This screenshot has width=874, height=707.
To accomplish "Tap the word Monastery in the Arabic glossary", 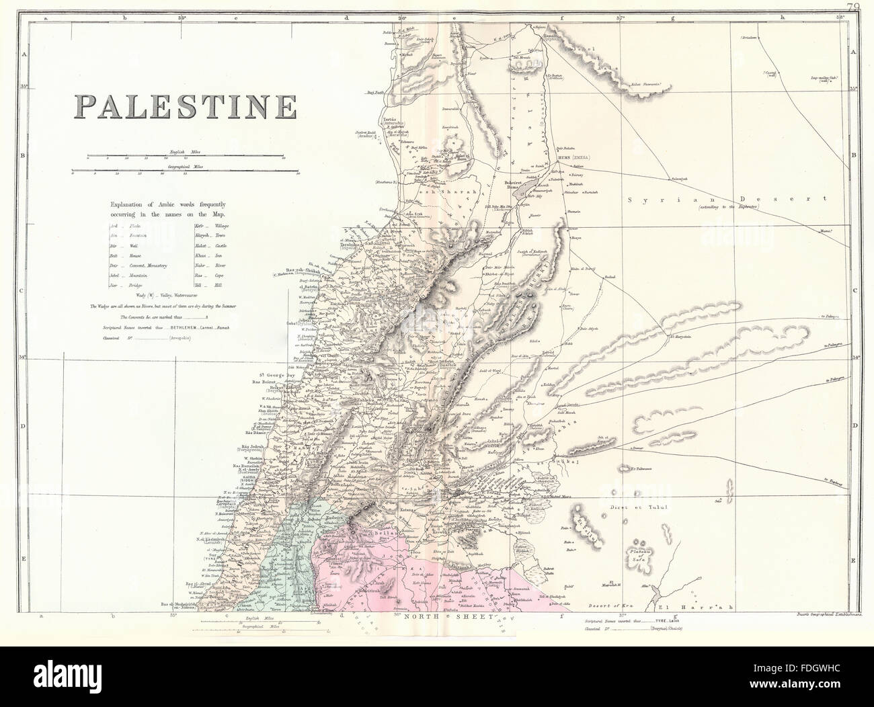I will tap(153, 266).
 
